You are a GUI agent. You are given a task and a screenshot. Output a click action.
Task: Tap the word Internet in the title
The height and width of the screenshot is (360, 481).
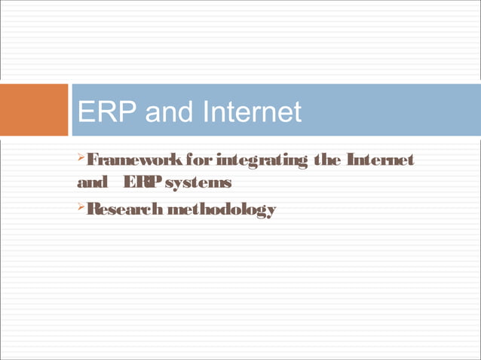[251, 112]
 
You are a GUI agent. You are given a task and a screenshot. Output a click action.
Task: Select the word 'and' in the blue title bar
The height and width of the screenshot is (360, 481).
[170, 112]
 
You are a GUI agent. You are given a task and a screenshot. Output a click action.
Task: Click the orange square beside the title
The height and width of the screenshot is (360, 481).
[34, 110]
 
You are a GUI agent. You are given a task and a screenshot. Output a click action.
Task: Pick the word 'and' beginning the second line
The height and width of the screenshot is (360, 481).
[90, 183]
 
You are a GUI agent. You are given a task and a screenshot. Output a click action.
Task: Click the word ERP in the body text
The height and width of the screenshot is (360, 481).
[139, 183]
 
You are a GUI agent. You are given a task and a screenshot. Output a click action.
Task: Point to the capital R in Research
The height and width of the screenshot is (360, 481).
[92, 209]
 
